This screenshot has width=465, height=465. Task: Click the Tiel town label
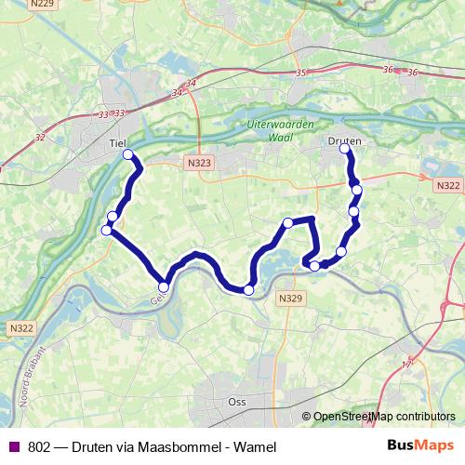(117, 143)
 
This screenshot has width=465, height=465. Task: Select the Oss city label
(236, 402)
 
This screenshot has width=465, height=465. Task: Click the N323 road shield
(198, 162)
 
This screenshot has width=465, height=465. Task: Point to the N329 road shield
(291, 298)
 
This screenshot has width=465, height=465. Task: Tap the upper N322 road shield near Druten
(447, 186)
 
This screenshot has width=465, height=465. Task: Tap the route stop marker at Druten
(345, 149)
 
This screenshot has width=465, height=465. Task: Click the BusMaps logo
(420, 445)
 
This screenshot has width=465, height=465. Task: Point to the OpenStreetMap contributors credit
(379, 417)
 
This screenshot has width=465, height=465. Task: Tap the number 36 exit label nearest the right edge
(412, 73)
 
